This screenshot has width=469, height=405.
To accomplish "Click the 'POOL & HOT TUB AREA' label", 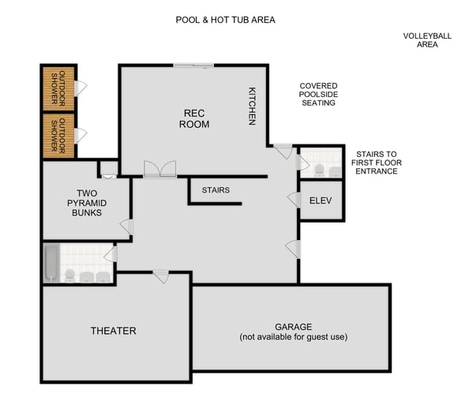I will (225, 19).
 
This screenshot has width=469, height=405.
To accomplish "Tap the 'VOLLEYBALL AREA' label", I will (426, 40).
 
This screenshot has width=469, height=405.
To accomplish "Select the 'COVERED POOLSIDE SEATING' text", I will (318, 94).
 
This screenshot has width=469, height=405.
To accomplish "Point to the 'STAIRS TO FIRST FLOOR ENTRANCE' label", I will (376, 163).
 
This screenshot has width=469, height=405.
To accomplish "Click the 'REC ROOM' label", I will (193, 118).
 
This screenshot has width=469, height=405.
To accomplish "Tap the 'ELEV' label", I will (320, 200).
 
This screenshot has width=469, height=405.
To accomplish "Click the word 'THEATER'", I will (113, 331).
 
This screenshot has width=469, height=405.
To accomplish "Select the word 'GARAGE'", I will (293, 327).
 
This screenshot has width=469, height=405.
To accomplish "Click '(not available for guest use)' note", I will (293, 337).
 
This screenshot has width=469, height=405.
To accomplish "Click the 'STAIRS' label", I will (216, 190).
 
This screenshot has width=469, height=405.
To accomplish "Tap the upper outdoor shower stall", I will (59, 88).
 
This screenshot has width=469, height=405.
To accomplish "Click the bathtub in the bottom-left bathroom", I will (51, 262).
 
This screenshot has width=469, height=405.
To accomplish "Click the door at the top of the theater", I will (160, 276).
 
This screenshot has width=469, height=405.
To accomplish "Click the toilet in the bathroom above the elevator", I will (319, 169).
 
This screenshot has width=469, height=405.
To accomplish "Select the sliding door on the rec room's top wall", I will (194, 66).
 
